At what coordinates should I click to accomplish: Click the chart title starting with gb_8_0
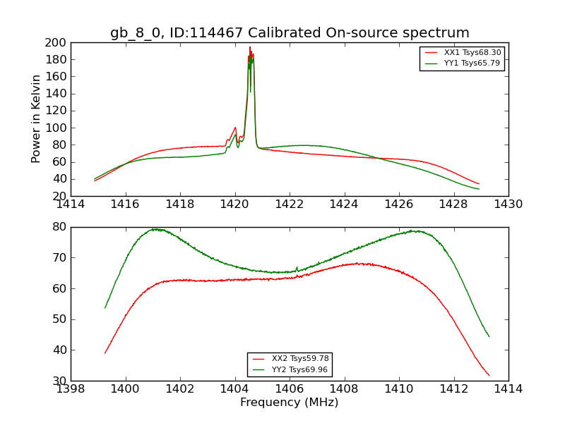pos(290,33)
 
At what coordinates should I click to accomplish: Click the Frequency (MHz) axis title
pos(290,403)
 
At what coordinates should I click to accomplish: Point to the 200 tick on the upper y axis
pos(56,42)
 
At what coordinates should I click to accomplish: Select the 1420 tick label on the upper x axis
pos(234,204)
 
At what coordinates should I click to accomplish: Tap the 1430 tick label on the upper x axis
pos(508,204)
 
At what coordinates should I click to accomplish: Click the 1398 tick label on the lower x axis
pos(71,388)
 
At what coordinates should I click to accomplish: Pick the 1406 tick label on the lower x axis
pos(290,388)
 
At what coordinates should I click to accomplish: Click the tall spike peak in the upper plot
pos(249,47)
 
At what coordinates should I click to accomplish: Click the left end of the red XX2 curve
pos(105,353)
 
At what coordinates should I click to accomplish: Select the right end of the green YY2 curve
pos(489,336)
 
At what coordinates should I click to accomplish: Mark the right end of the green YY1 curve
pos(479,189)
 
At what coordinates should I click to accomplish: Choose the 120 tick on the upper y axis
pos(56,111)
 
